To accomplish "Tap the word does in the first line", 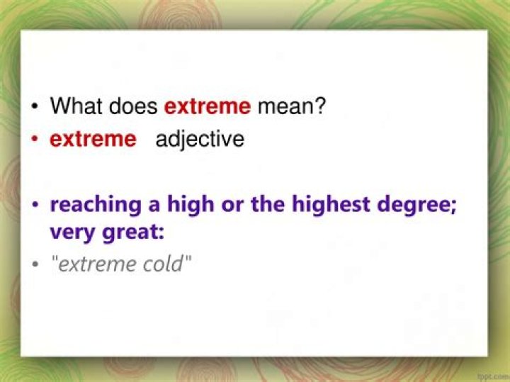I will point(134,106).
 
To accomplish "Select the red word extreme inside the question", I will point(207,106).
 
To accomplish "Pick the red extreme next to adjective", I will point(92,139).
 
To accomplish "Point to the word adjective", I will point(200,139).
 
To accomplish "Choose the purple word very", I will point(72,231).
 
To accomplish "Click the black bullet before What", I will point(35,108).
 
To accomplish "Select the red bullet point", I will point(35,140).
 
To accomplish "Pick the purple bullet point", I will point(35,206).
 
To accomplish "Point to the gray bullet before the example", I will point(35,265).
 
